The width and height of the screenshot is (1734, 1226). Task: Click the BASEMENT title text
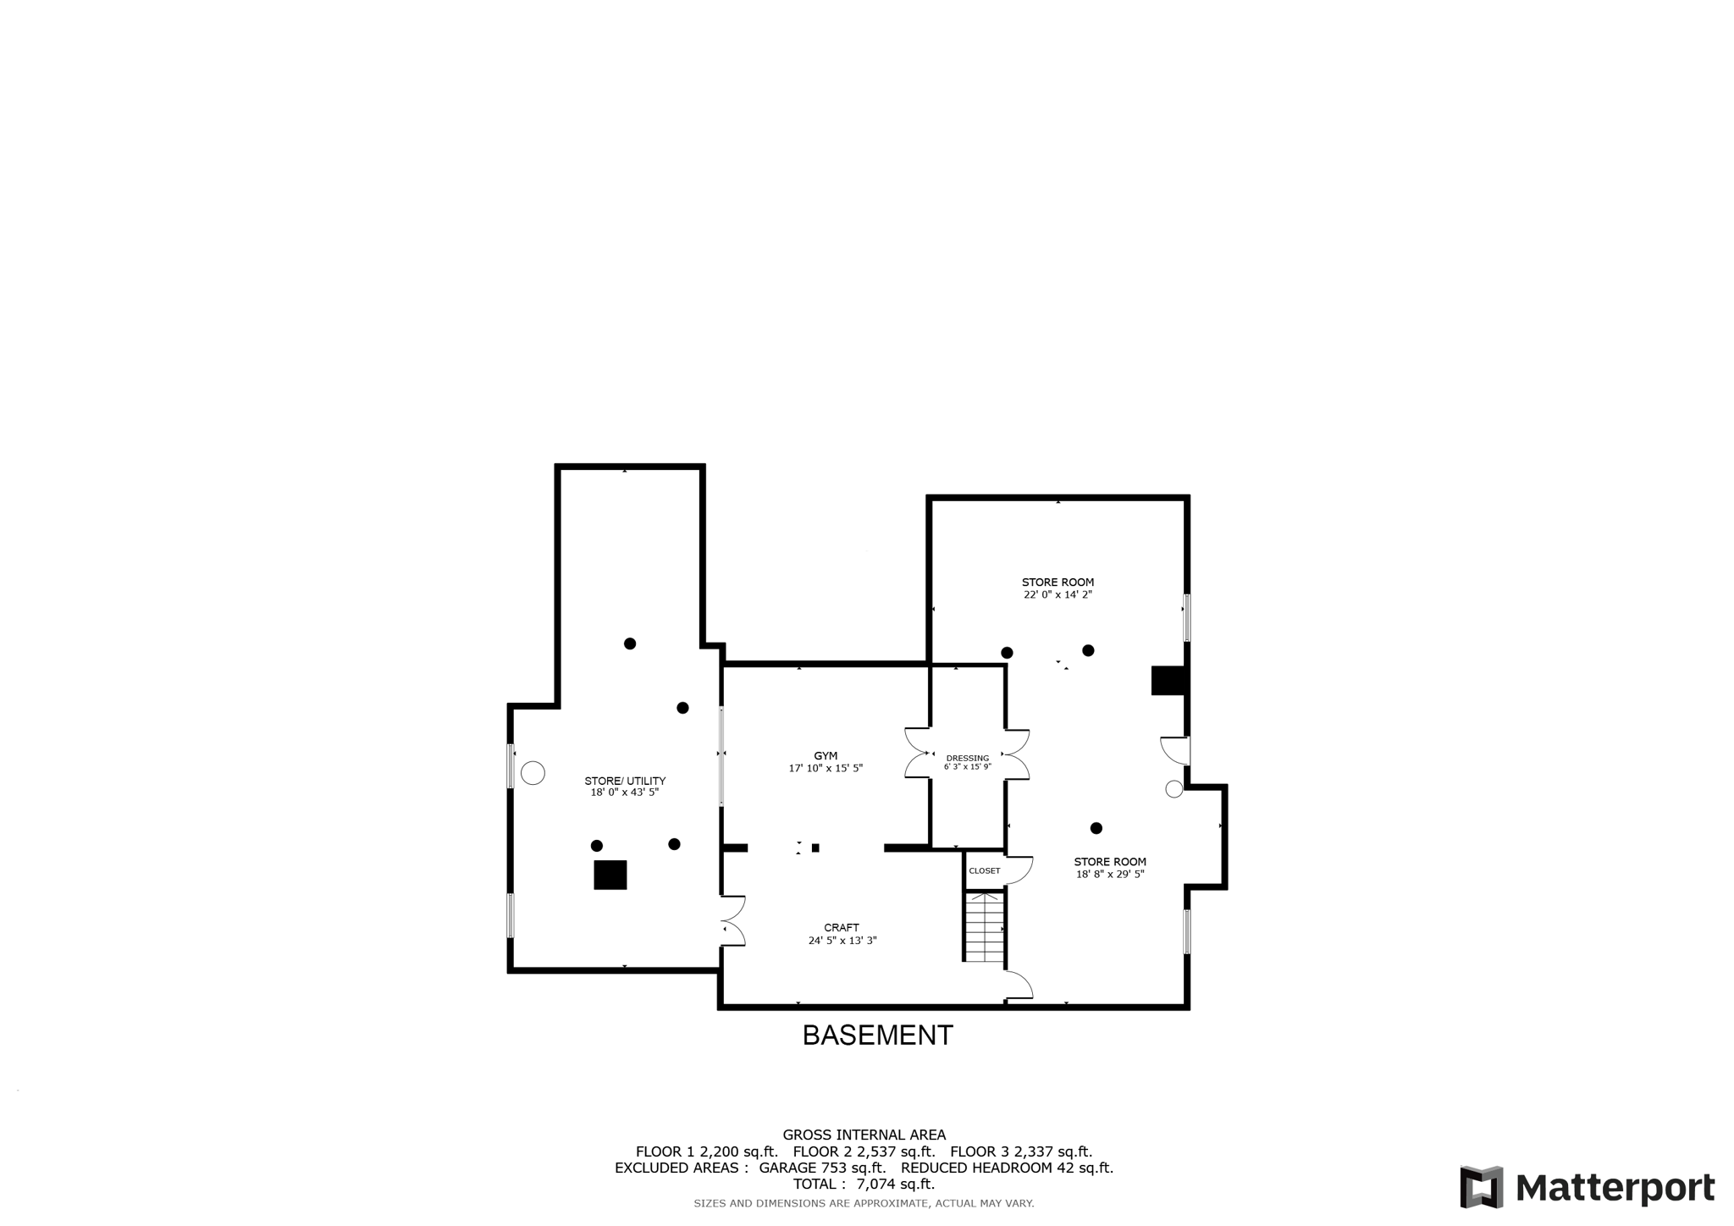pyautogui.click(x=877, y=1035)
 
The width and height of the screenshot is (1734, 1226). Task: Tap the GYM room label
pyautogui.click(x=826, y=756)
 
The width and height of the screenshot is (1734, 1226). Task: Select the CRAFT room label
pyautogui.click(x=842, y=928)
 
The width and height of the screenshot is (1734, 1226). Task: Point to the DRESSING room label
pyautogui.click(x=967, y=759)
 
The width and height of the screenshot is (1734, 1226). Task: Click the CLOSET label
pyautogui.click(x=984, y=870)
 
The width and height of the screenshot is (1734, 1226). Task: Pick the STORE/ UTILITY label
pyautogui.click(x=625, y=781)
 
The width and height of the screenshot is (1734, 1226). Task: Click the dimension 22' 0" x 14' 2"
pyautogui.click(x=1058, y=595)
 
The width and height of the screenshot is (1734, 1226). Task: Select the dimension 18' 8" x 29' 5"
pyautogui.click(x=1110, y=875)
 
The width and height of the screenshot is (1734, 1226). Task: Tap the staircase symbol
pyautogui.click(x=985, y=927)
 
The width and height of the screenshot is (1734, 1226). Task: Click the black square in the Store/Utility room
pyautogui.click(x=610, y=875)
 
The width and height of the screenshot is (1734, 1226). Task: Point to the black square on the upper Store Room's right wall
pyautogui.click(x=1168, y=681)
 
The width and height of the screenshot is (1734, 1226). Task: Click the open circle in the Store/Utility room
pyautogui.click(x=533, y=773)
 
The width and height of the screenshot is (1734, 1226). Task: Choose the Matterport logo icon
pyautogui.click(x=1481, y=1187)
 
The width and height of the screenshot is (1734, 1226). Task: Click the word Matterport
pyautogui.click(x=1615, y=1188)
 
